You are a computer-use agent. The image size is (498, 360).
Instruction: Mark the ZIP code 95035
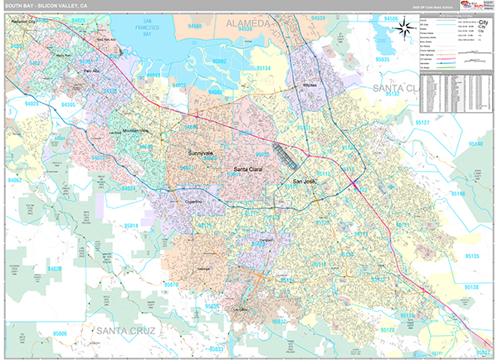[383, 60]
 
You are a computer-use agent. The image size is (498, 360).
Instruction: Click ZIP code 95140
[476, 144]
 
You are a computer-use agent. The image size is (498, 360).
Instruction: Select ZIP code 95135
[471, 257]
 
